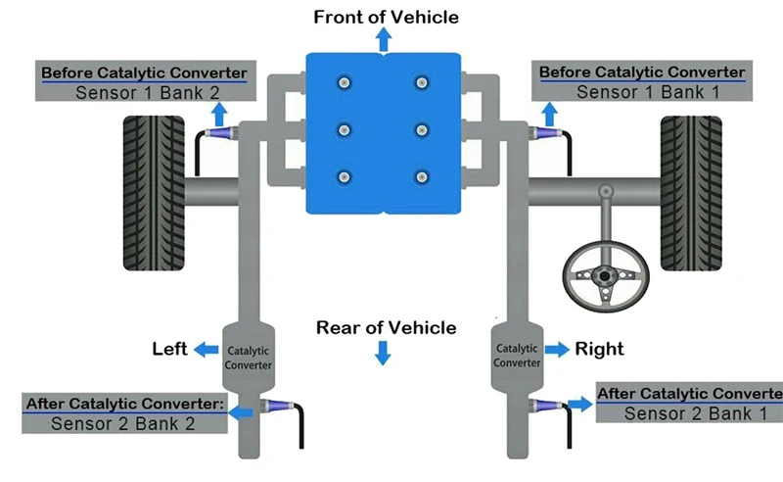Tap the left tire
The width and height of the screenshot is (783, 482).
tap(154, 194)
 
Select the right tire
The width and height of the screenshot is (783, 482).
tap(691, 194)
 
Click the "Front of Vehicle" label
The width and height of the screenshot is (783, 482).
tap(386, 17)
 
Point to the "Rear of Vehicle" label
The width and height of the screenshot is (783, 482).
tap(386, 327)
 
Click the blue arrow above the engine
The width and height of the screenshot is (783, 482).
tap(384, 40)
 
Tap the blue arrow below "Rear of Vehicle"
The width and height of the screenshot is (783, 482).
tap(383, 353)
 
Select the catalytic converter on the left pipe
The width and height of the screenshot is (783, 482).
tap(249, 358)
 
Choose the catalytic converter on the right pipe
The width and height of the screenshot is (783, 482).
tap(517, 356)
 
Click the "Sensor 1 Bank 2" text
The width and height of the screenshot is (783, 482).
tap(148, 93)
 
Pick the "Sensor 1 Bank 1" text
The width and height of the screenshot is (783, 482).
tap(648, 92)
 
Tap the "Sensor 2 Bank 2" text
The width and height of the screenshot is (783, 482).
tap(123, 424)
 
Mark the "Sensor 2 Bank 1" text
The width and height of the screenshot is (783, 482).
tap(696, 414)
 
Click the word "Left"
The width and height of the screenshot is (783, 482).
tap(169, 349)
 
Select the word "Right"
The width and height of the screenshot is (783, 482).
tap(599, 349)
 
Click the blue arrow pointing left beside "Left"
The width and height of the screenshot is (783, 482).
tap(206, 350)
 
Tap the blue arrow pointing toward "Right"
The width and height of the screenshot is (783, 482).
tap(557, 349)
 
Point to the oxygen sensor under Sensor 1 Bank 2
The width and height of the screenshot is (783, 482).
tap(219, 133)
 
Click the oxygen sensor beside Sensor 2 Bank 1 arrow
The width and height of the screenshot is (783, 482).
tap(547, 406)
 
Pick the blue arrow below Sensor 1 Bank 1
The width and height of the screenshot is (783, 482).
tap(549, 115)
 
